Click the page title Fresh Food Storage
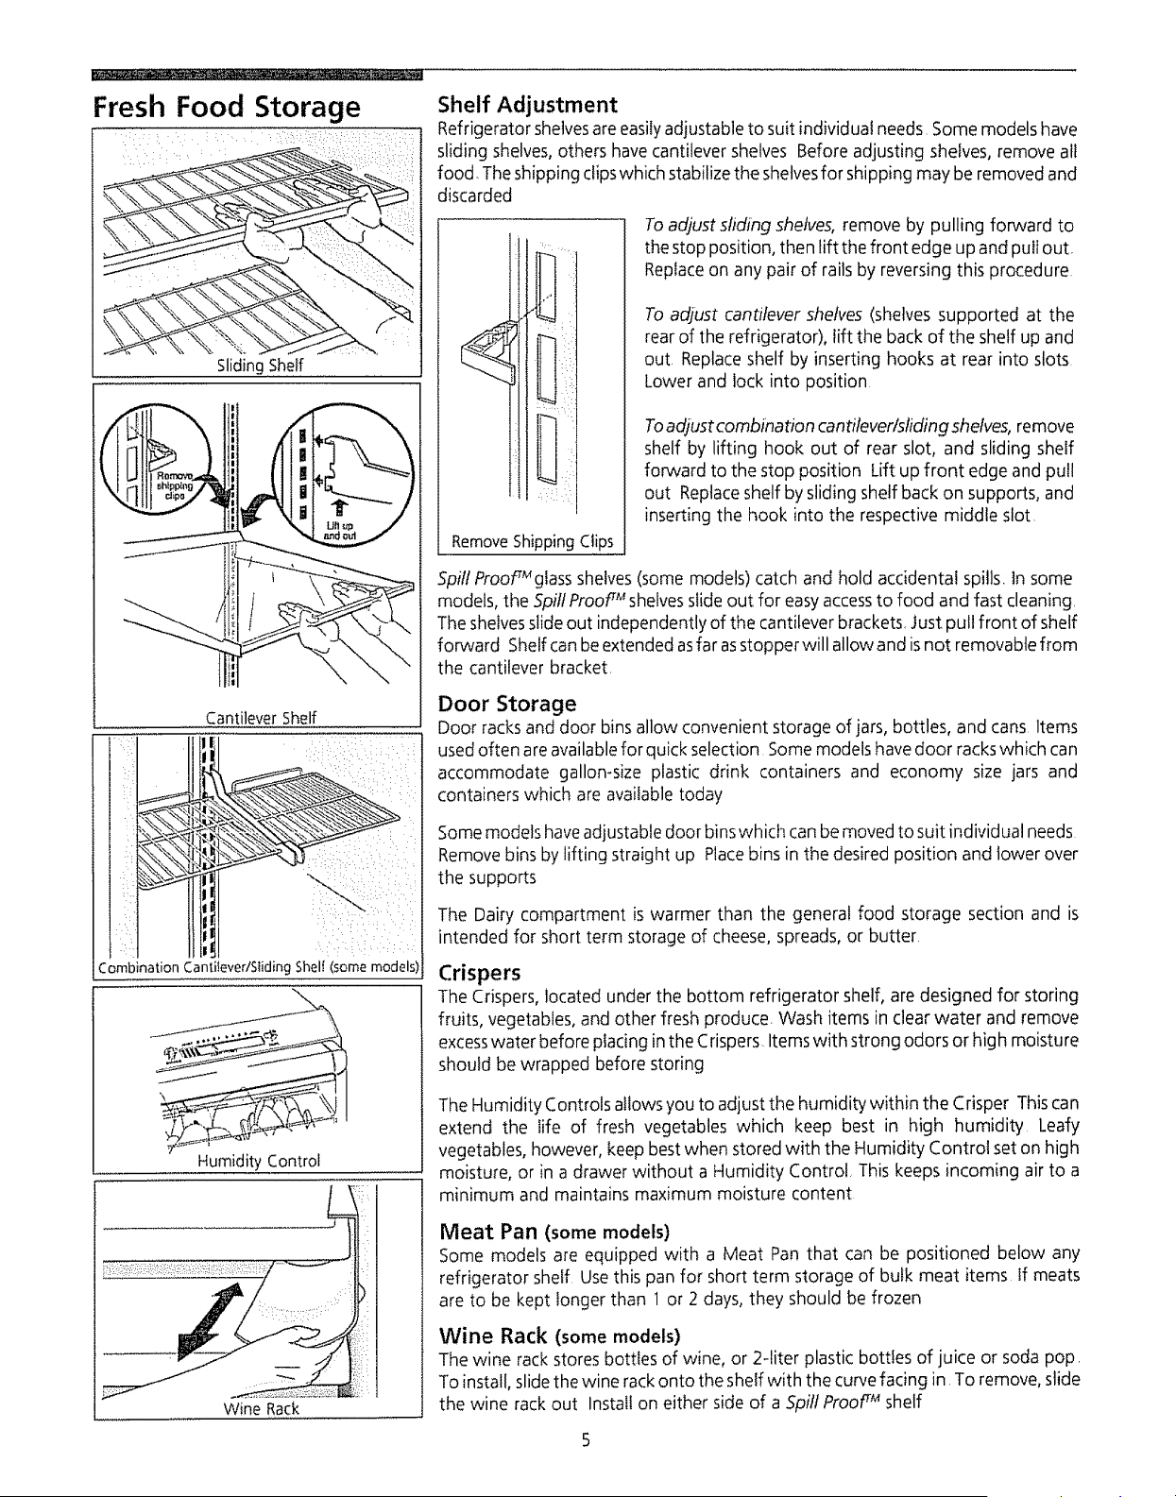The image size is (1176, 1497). (x=227, y=109)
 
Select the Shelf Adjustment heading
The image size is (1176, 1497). (x=528, y=105)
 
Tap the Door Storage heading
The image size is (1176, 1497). (x=507, y=704)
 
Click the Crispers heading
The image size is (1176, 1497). (x=480, y=973)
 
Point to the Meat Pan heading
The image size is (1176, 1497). (x=554, y=1231)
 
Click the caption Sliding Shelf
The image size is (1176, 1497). (x=260, y=366)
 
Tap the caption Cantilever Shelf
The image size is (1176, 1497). (x=261, y=718)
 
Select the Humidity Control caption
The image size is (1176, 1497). (x=259, y=1161)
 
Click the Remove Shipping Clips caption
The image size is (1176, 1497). (x=532, y=541)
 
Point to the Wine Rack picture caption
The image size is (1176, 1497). (x=261, y=1408)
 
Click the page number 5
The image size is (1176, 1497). (x=585, y=1439)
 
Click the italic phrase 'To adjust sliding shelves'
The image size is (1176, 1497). (x=740, y=226)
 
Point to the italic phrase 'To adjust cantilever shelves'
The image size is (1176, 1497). (x=753, y=315)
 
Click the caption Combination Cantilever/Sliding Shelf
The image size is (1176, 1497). (x=259, y=967)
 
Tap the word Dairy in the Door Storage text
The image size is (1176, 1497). (x=493, y=915)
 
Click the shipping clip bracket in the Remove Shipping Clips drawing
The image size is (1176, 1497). (x=490, y=351)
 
